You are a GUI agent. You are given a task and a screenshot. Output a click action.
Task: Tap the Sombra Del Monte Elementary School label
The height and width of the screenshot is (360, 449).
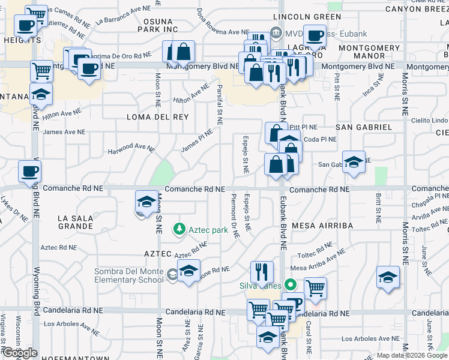tap(128, 276)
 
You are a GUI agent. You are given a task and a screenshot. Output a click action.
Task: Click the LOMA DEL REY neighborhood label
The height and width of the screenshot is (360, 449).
tap(157, 118)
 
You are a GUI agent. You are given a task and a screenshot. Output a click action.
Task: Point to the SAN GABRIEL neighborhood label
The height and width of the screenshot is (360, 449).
tap(363, 127)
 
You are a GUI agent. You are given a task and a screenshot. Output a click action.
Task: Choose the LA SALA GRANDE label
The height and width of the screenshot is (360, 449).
tap(75, 223)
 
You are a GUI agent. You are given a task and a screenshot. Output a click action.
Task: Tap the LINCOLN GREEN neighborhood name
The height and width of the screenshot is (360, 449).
tap(303, 17)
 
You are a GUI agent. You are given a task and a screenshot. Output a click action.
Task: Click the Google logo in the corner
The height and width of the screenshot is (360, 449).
tap(20, 353)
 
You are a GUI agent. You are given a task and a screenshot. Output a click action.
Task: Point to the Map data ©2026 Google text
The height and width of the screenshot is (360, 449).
tap(412, 355)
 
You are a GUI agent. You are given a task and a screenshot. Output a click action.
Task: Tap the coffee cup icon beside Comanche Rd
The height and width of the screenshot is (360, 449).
tap(29, 172)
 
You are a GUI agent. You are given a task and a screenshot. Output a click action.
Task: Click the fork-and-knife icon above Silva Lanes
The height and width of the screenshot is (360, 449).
tap(261, 272)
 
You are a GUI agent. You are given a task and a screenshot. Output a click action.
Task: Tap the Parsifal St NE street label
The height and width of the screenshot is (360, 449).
tap(220, 104)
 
